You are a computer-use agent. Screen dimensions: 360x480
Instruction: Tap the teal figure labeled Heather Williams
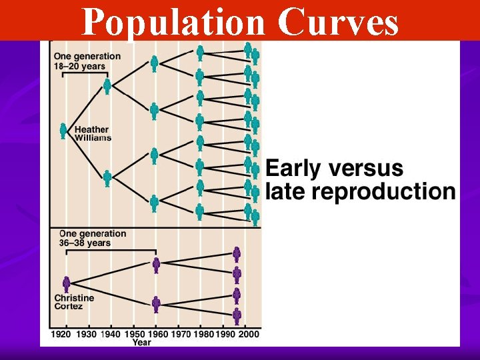coord(63,131)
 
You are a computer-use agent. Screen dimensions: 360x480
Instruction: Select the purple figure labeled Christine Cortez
coord(66,285)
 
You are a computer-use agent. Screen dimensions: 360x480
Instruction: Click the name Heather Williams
coord(93,133)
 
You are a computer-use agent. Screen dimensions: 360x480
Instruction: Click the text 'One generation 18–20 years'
coord(87,61)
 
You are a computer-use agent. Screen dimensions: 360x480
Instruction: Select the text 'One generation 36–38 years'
coord(92,238)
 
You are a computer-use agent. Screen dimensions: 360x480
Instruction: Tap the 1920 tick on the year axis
coord(61,333)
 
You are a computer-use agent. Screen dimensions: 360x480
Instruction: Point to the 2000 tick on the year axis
coord(249,333)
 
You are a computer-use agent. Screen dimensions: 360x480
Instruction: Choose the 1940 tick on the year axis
coord(110,333)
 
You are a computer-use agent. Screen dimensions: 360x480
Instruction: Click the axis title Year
coord(141,342)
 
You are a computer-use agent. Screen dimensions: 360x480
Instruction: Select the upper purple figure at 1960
coord(156,265)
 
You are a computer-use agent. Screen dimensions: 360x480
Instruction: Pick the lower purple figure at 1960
coord(156,305)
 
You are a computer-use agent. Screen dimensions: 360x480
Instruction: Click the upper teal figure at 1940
coord(107,86)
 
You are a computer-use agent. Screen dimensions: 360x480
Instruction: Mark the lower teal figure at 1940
coord(107,178)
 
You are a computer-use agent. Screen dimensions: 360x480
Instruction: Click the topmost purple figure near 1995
coord(237,253)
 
